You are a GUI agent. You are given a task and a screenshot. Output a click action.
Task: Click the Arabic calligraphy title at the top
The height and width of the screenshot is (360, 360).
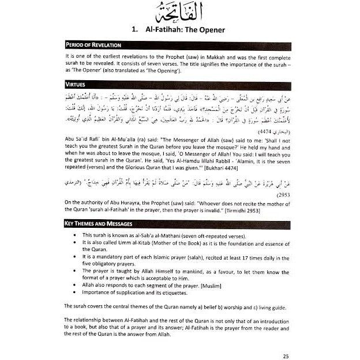pos(179,14)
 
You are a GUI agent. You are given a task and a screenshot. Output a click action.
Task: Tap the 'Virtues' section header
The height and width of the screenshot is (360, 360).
pos(76,84)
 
